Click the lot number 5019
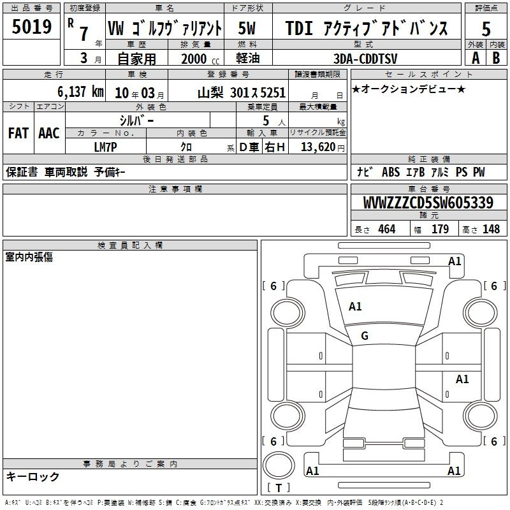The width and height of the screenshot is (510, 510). click(31, 27)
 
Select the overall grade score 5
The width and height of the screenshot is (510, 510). click(486, 29)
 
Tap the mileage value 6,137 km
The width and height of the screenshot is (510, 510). click(81, 92)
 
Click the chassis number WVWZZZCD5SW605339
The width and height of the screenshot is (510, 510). click(428, 203)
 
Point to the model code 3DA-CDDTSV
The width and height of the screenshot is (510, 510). click(365, 59)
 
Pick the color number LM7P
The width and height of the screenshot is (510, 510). click(105, 147)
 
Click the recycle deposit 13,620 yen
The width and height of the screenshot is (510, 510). click(323, 147)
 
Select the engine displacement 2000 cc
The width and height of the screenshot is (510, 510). click(200, 59)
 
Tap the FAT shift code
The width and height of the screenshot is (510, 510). click(18, 133)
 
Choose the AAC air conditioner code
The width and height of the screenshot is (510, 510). click(49, 133)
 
